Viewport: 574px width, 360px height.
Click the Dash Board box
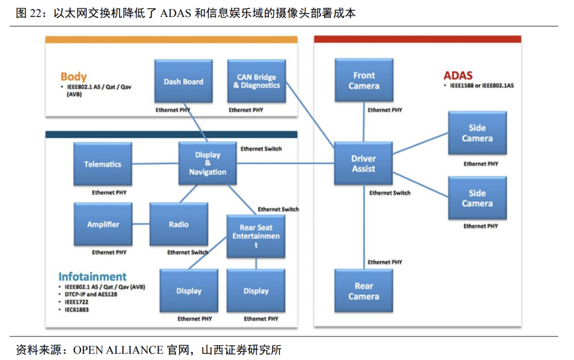[183, 81]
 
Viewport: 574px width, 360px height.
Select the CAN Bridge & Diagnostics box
[256, 81]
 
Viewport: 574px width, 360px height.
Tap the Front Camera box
[364, 80]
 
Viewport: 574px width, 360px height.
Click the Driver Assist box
[364, 164]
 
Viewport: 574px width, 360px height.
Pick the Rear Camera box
[364, 291]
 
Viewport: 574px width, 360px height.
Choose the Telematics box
[103, 164]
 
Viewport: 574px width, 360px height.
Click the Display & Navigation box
[207, 163]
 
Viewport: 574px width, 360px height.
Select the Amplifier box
[103, 224]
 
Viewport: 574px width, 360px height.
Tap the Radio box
[179, 224]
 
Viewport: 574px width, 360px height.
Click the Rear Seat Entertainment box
[256, 236]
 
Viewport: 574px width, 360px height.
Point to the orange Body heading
[73, 77]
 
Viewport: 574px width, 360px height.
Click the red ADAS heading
[458, 76]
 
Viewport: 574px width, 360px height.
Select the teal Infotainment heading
[92, 277]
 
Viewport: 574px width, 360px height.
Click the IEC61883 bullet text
[74, 309]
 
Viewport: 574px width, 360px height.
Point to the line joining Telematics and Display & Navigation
[155, 164]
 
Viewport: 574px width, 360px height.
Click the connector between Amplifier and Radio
[141, 224]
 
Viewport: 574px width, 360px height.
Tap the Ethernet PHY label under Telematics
[109, 192]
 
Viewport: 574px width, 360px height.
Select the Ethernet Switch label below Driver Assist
[390, 193]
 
